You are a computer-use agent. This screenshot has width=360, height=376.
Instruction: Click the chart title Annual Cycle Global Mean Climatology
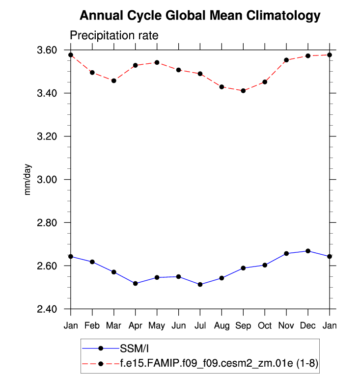[200, 16]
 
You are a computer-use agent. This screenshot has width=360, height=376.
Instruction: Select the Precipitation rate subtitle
[113, 36]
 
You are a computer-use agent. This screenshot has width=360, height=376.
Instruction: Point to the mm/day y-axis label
[28, 179]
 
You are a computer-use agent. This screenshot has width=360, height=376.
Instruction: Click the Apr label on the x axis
[136, 326]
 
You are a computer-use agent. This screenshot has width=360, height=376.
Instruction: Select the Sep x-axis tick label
[243, 326]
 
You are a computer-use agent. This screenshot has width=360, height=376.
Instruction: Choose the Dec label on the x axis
[308, 326]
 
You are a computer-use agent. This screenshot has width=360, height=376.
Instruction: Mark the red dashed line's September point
[243, 91]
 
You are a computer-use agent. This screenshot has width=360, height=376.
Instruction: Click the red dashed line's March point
[114, 81]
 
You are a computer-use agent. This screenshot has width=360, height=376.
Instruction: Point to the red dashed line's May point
[157, 62]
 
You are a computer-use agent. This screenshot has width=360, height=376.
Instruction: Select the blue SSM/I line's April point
[136, 284]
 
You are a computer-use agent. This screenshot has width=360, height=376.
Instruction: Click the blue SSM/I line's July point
[200, 285]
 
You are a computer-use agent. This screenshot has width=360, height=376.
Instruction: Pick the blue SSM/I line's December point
[308, 251]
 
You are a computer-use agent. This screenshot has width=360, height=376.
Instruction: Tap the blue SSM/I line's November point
[286, 253]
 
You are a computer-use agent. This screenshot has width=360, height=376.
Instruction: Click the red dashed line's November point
[286, 60]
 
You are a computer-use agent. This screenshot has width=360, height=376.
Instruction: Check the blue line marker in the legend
[101, 348]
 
